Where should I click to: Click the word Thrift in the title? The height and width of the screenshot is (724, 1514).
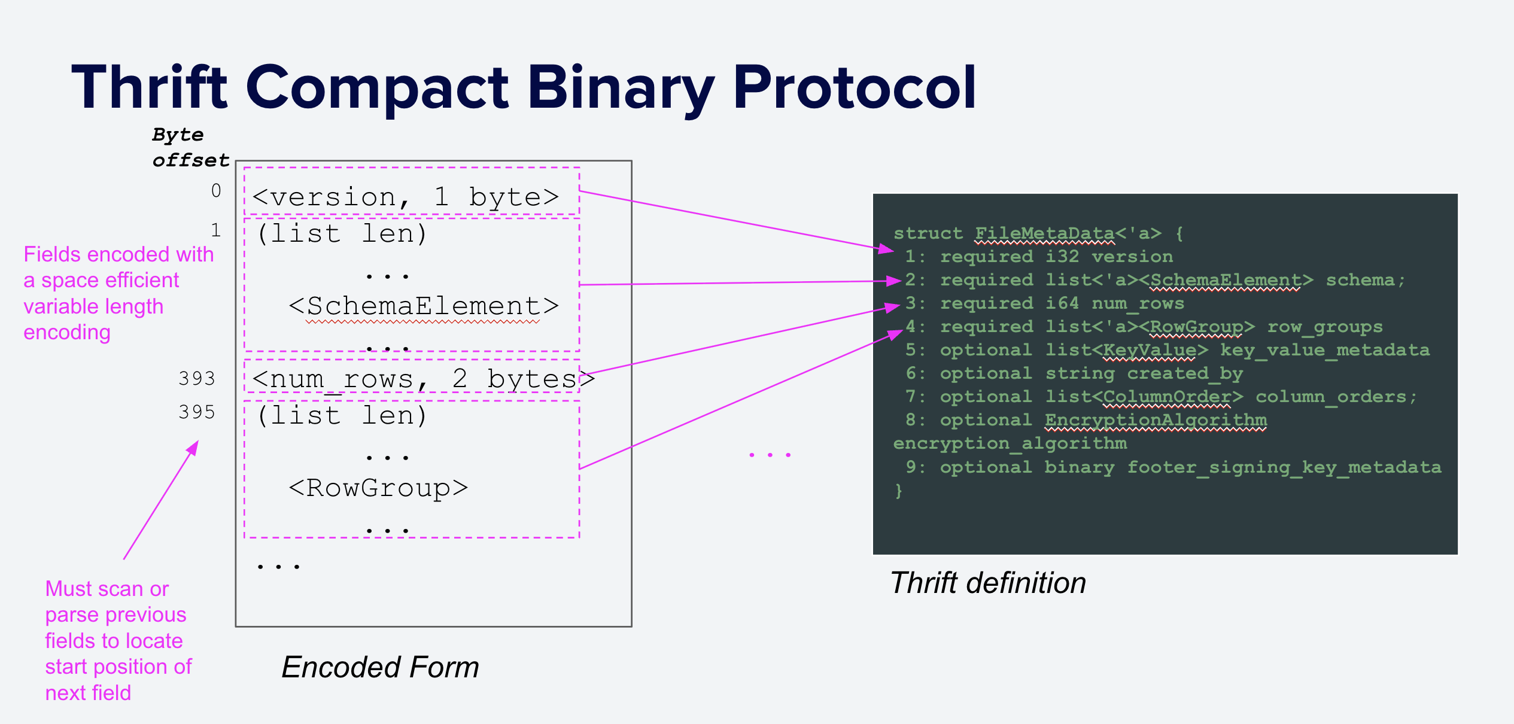click(x=150, y=88)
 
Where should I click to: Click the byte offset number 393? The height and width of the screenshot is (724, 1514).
click(x=197, y=379)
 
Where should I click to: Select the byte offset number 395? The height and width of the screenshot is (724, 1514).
click(x=197, y=412)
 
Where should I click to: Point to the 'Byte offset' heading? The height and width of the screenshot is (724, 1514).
click(x=190, y=147)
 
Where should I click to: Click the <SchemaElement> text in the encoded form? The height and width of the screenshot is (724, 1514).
click(x=423, y=306)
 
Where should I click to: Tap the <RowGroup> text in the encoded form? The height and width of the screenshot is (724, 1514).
click(x=378, y=488)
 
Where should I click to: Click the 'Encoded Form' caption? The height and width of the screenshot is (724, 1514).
click(x=380, y=667)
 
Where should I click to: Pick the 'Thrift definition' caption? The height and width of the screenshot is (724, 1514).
click(x=987, y=583)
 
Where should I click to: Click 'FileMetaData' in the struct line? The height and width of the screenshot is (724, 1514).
click(x=1044, y=233)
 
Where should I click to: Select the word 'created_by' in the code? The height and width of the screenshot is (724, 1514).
click(x=1185, y=374)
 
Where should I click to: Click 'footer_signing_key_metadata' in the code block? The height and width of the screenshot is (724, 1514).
click(x=1284, y=467)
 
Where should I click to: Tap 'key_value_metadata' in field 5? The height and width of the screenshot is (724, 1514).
click(x=1325, y=351)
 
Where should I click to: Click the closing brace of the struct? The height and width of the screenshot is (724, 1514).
click(x=898, y=491)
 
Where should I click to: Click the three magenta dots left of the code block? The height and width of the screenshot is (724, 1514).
click(x=770, y=455)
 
